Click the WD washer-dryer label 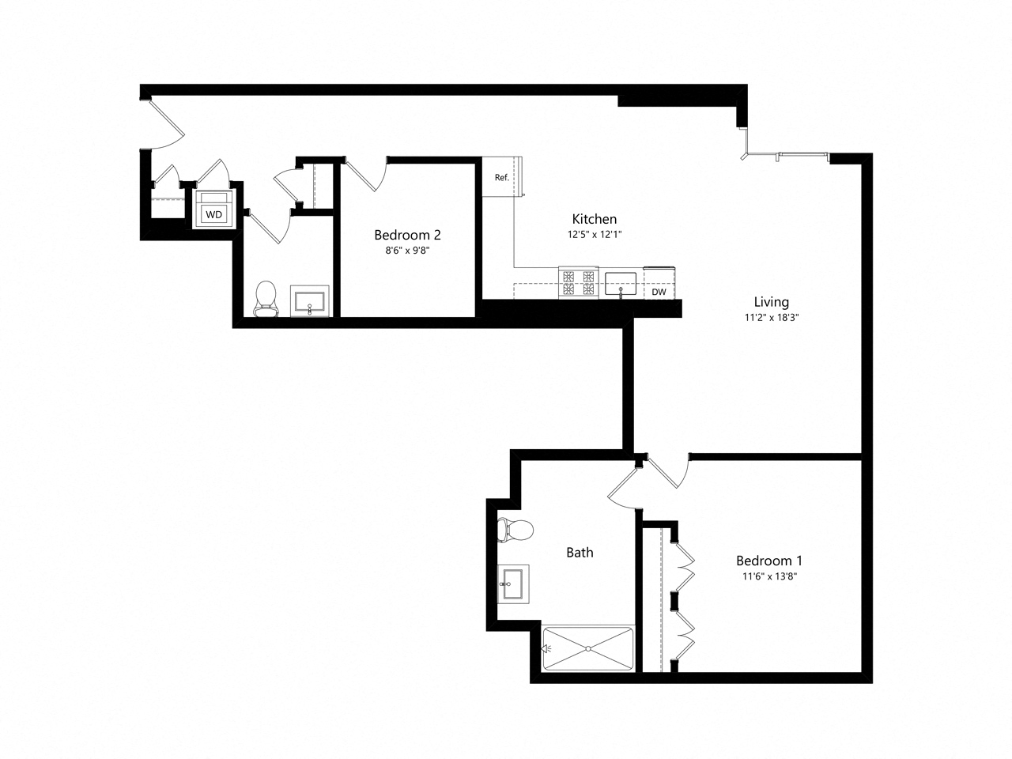click(213, 214)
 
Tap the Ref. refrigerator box click(501, 177)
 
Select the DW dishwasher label click(659, 292)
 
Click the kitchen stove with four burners click(577, 283)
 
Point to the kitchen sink click(621, 283)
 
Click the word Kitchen click(594, 219)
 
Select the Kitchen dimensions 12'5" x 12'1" click(594, 235)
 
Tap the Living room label click(771, 302)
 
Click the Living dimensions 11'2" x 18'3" click(771, 318)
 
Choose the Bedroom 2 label click(407, 235)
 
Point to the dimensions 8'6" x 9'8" click(407, 251)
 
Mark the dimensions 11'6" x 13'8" click(769, 576)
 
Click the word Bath click(580, 553)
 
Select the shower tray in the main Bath click(588, 648)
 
